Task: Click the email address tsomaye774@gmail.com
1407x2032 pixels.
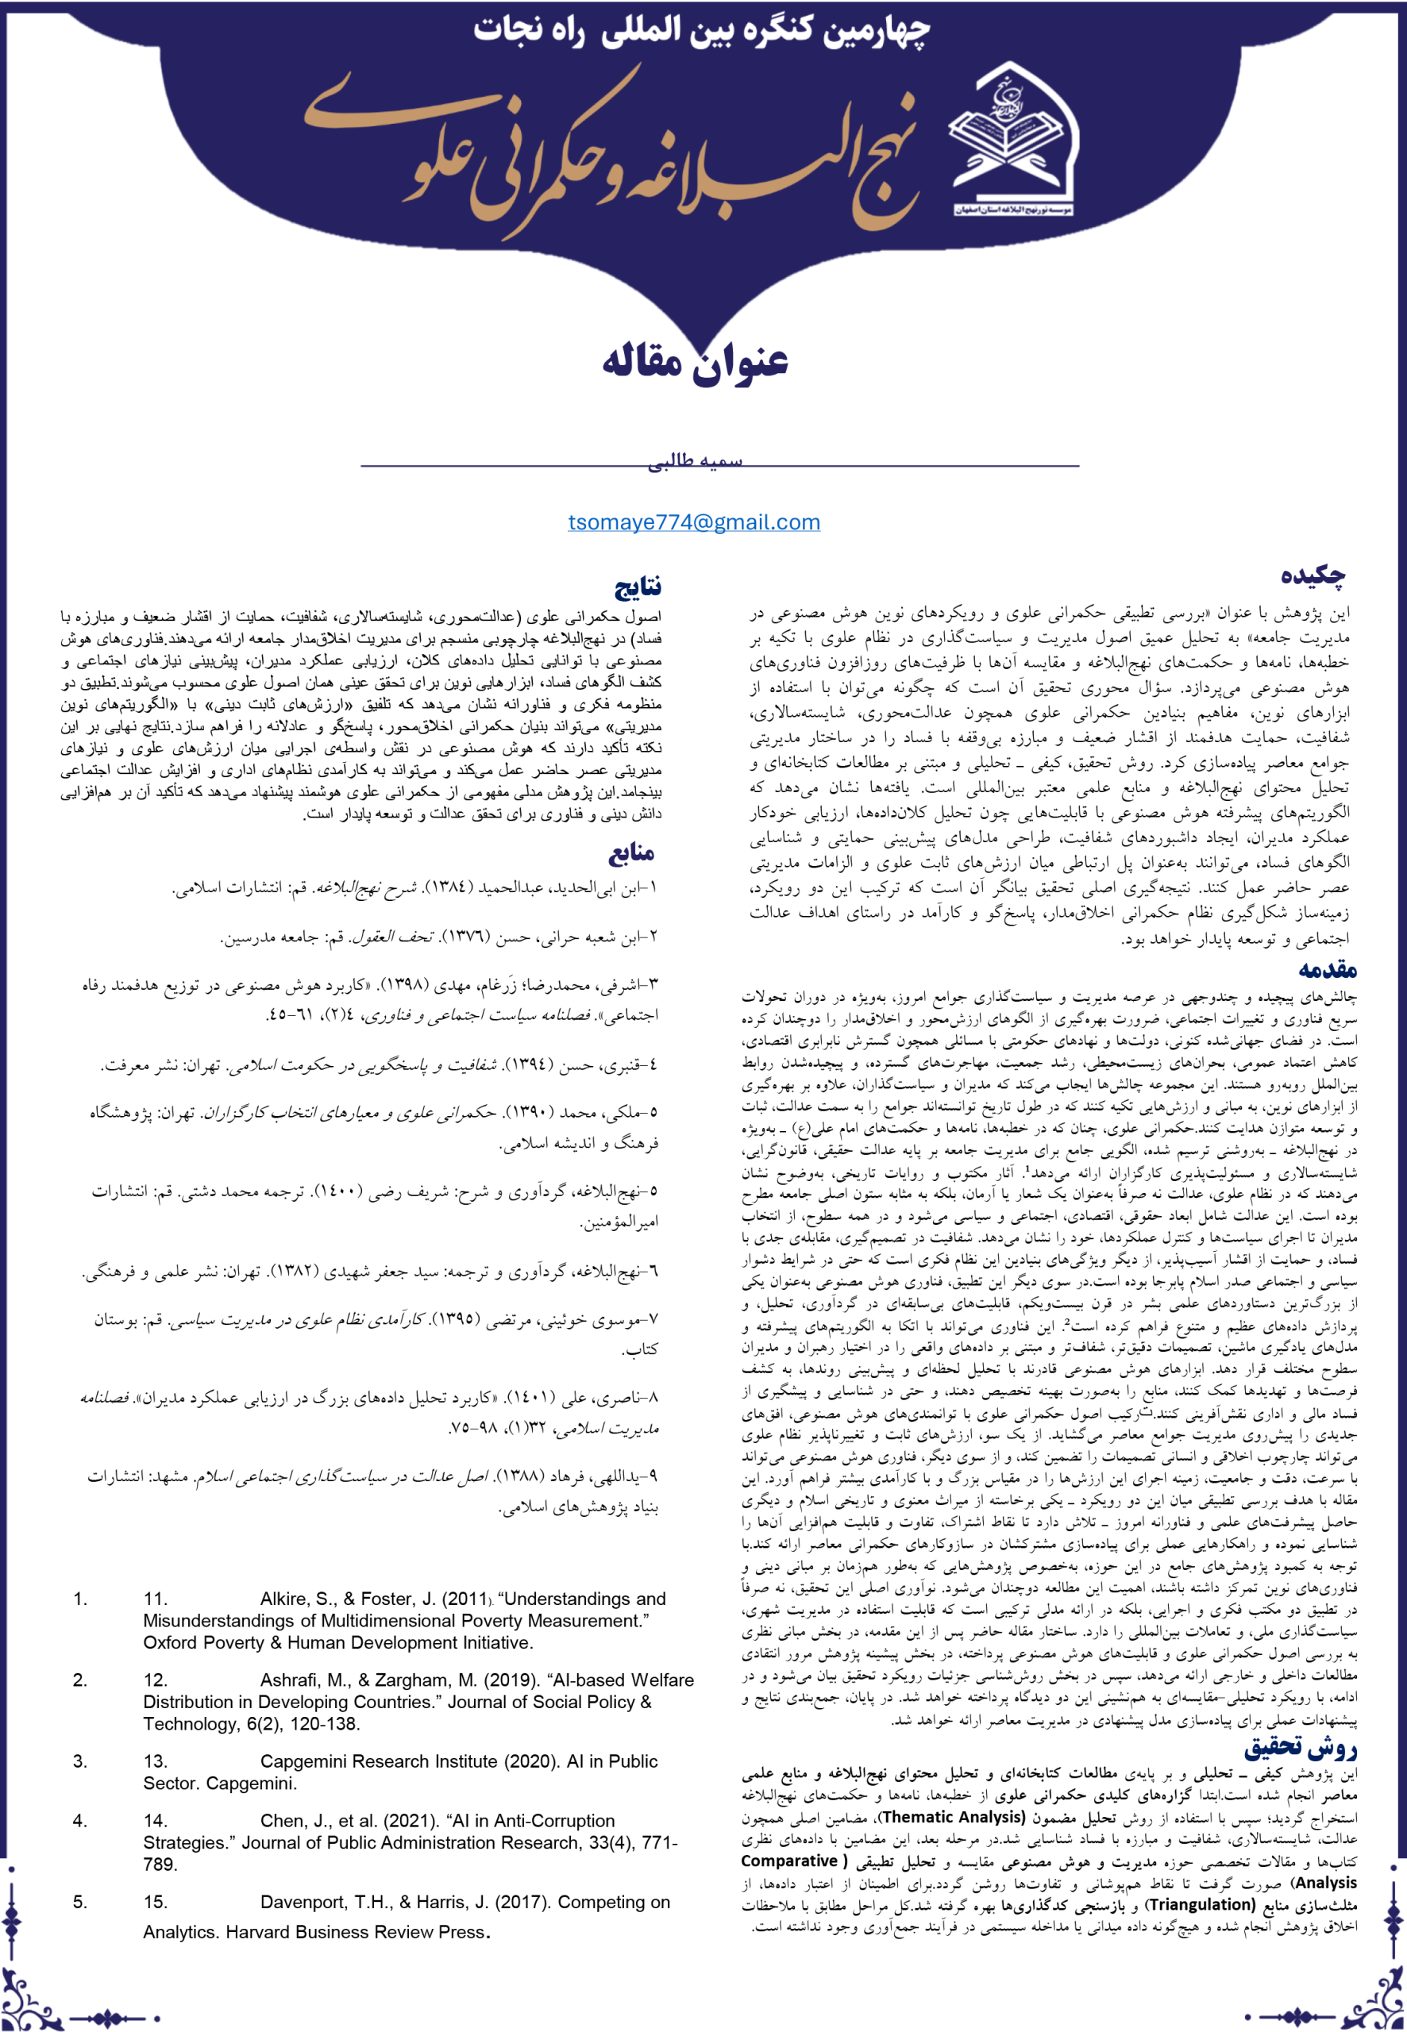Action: click(694, 522)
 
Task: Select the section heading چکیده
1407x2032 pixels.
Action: click(1313, 576)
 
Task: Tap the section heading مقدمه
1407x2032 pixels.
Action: click(1327, 970)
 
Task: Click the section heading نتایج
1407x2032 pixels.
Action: click(638, 586)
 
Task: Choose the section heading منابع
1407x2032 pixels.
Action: click(631, 853)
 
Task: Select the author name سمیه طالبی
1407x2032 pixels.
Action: click(695, 462)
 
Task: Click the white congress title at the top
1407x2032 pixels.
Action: click(702, 32)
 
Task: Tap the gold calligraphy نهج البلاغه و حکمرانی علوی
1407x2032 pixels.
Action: click(608, 154)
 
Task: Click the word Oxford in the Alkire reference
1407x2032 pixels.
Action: click(169, 1642)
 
